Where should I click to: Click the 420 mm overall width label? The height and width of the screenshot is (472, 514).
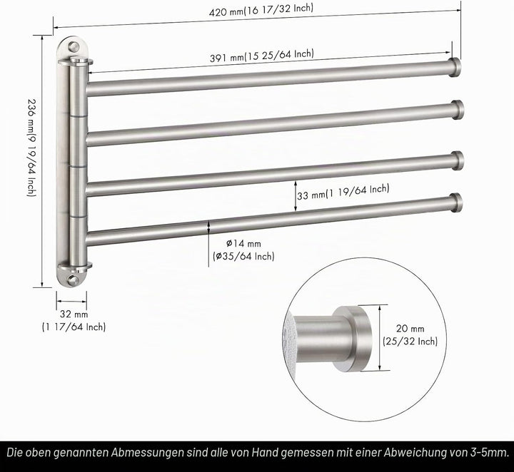261,10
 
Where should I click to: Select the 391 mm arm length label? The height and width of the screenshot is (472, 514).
261,56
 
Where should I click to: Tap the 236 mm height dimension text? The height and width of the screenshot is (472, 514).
31,148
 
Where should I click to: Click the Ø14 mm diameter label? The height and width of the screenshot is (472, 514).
243,244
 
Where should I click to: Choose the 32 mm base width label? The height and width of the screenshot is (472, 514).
74,314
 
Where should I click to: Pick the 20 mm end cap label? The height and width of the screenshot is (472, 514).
410,328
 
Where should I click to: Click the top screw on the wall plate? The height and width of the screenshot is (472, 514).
74,47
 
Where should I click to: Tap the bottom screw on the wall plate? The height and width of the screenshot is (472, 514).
72,280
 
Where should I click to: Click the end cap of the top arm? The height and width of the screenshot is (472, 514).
455,68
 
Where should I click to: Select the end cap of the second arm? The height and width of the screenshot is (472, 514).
458,110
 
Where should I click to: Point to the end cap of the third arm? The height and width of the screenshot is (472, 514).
458,160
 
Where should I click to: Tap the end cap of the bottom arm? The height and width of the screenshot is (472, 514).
456,203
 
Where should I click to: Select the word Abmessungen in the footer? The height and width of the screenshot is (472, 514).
147,453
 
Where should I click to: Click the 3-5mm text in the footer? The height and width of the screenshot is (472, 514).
490,453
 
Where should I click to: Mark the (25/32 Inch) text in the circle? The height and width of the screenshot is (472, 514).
410,342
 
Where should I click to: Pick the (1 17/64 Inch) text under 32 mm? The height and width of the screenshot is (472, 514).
74,327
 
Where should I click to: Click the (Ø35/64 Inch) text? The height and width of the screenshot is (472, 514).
243,256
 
